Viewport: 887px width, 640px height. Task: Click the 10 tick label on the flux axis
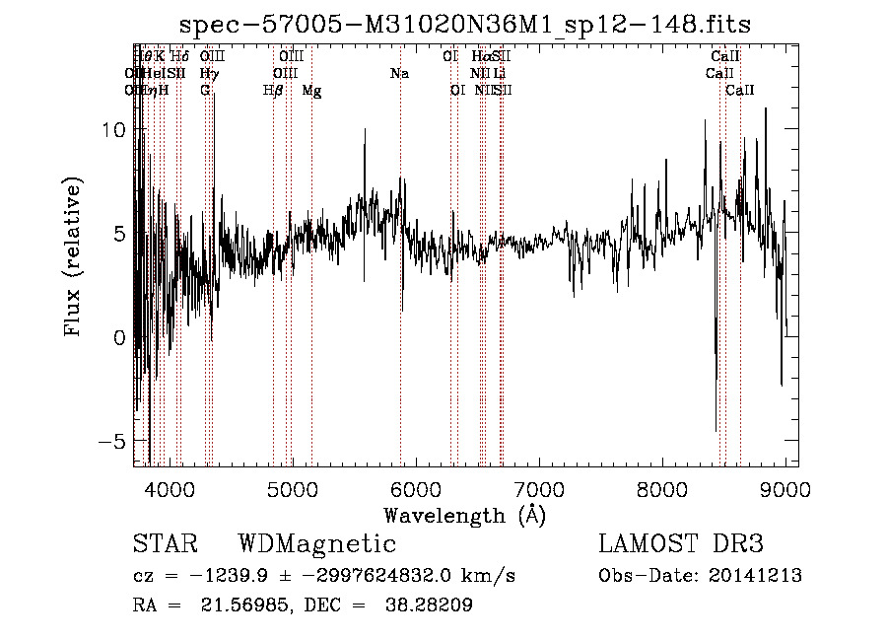pyautogui.click(x=116, y=130)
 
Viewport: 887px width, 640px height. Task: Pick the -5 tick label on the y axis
pyautogui.click(x=113, y=441)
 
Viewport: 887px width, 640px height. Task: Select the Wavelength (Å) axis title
pyautogui.click(x=464, y=515)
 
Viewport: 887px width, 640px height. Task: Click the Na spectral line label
pyautogui.click(x=399, y=74)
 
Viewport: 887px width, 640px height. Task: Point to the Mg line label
pyautogui.click(x=311, y=91)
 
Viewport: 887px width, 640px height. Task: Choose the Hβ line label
pyautogui.click(x=273, y=91)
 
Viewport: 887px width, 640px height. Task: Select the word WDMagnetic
pyautogui.click(x=317, y=544)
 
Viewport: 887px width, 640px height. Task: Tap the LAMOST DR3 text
pyautogui.click(x=681, y=544)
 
